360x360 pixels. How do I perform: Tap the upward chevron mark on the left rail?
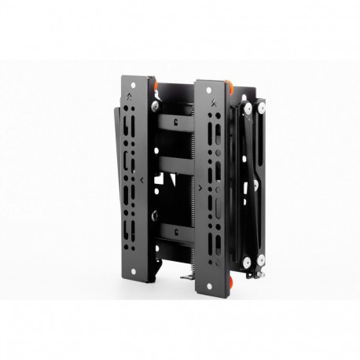coord(134,99)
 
